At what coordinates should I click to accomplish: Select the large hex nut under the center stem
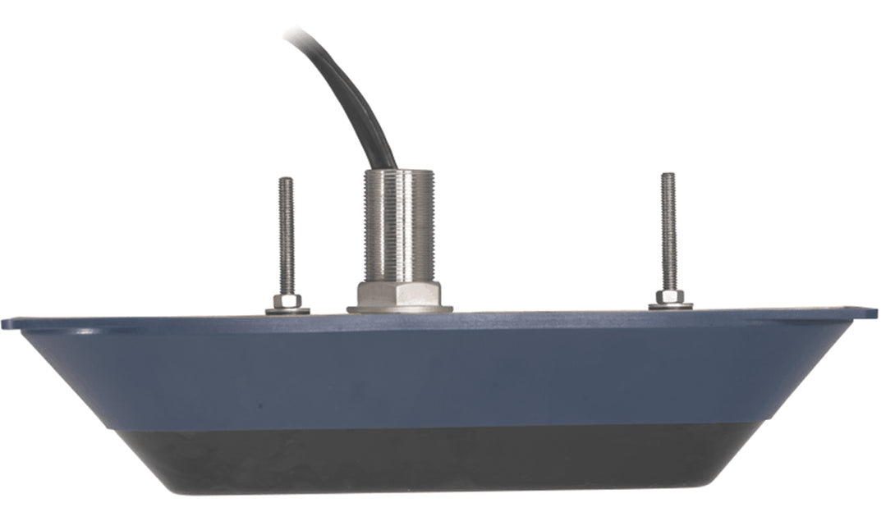[x=399, y=292]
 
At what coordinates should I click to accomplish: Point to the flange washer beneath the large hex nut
[x=399, y=309]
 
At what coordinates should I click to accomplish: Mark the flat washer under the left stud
[x=287, y=311]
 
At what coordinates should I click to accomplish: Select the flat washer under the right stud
[x=670, y=306]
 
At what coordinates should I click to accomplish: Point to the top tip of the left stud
[x=286, y=180]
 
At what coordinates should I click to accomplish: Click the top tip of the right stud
[x=668, y=175]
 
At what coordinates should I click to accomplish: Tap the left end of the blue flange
[x=10, y=323]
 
